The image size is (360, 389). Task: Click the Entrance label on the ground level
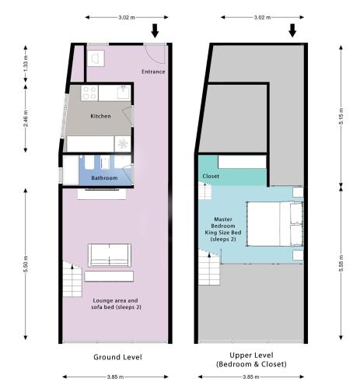click(153, 72)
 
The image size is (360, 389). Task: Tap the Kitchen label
click(100, 116)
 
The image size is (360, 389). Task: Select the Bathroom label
click(104, 178)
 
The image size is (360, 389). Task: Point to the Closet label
click(211, 176)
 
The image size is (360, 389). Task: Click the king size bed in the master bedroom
click(274, 223)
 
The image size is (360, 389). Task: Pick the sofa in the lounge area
click(110, 255)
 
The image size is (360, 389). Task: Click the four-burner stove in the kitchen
click(89, 93)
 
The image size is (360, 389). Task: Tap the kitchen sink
click(124, 93)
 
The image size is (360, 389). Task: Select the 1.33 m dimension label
click(26, 64)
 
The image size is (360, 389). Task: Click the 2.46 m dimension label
click(26, 118)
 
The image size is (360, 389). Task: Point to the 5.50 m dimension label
click(26, 264)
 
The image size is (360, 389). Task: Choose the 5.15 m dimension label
click(341, 116)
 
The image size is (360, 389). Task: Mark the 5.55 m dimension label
click(341, 264)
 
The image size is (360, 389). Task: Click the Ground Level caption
click(117, 357)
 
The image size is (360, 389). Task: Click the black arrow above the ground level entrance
click(155, 30)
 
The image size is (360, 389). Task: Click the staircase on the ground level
click(72, 279)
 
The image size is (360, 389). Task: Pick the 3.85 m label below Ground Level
click(115, 377)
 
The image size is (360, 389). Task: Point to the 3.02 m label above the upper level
click(262, 17)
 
